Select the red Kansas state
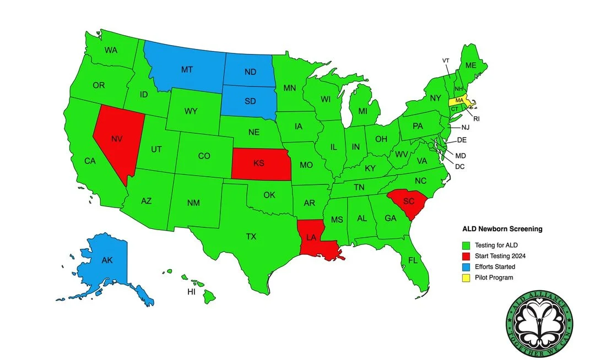[x=259, y=163]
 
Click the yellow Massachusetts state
[x=458, y=100]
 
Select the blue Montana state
[x=186, y=69]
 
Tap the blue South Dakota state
[x=249, y=101]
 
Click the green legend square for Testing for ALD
[x=466, y=245]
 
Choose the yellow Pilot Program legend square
[x=466, y=277]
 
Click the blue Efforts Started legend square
[x=466, y=266]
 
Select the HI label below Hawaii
[x=191, y=292]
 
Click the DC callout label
[x=460, y=166]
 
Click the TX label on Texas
[x=251, y=237]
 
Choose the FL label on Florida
[x=413, y=260]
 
